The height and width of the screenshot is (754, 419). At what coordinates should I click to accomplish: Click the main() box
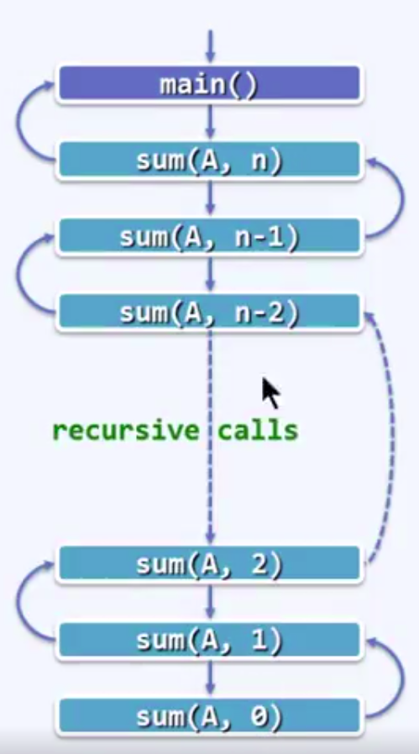click(x=209, y=84)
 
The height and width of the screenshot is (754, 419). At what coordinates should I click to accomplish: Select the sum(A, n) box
click(x=209, y=160)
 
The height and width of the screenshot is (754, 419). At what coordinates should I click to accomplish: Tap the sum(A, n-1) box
click(x=209, y=235)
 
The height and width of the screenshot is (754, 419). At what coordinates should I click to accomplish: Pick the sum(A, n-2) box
click(x=209, y=312)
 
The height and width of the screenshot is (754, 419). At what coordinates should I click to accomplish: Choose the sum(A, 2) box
click(x=209, y=563)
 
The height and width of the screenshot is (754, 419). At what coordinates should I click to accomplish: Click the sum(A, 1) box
click(x=209, y=640)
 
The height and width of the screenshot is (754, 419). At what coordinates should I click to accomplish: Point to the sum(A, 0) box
click(x=209, y=715)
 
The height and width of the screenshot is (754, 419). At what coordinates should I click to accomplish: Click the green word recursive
click(x=125, y=430)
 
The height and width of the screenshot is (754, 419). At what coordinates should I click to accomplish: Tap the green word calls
click(x=258, y=430)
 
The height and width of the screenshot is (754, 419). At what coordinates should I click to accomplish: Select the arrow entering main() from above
click(x=210, y=46)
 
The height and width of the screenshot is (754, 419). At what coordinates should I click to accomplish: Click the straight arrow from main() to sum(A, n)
click(x=210, y=121)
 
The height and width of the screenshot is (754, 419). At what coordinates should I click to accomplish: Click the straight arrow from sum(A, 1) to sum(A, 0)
click(x=210, y=678)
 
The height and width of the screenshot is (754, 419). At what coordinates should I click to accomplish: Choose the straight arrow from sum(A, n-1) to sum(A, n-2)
click(x=210, y=273)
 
